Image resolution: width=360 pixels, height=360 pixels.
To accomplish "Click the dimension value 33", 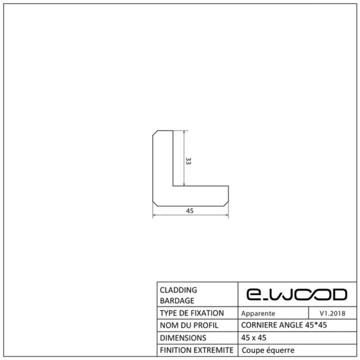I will [188, 160].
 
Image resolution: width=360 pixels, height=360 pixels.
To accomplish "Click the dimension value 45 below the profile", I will [190, 211].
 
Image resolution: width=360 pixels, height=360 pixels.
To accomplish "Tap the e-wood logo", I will [297, 294].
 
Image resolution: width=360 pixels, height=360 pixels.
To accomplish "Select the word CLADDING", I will [179, 289].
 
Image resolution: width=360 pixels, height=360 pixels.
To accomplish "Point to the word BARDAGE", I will [177, 301].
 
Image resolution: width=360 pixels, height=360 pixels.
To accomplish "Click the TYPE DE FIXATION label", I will [192, 313].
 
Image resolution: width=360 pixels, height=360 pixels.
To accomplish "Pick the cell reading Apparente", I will [258, 313].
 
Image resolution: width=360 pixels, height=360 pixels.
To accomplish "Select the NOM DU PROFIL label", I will [188, 325].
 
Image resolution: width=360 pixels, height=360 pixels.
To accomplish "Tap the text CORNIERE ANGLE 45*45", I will [283, 325].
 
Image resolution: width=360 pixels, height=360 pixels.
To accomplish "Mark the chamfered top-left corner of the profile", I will [155, 133].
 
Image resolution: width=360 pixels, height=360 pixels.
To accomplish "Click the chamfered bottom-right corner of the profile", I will [226, 202].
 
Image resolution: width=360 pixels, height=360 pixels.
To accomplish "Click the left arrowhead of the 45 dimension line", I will [155, 215].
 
